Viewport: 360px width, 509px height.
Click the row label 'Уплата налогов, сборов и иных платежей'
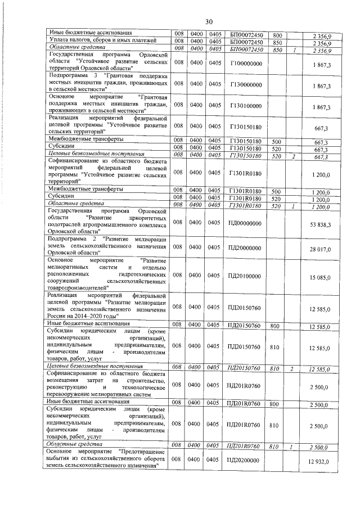tap(93, 42)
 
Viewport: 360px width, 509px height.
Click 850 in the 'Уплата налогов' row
tap(277, 42)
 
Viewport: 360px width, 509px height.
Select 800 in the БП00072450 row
tap(277, 35)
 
